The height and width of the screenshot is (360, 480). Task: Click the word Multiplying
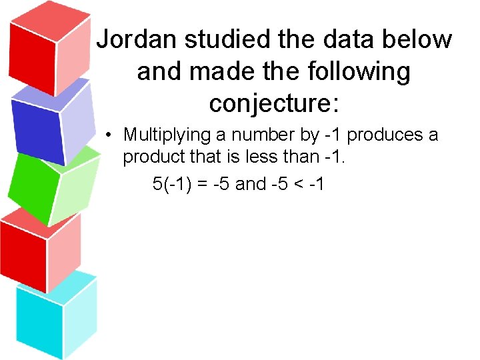[x=167, y=135]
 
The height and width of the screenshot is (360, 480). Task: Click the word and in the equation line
[x=251, y=184]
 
